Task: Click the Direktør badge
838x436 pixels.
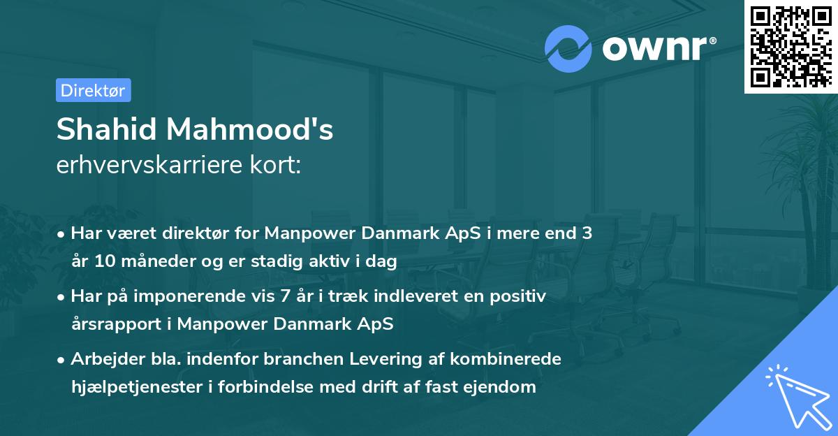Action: tap(93, 90)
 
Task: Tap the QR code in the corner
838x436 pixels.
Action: tap(791, 46)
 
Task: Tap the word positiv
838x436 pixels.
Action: tap(520, 296)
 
